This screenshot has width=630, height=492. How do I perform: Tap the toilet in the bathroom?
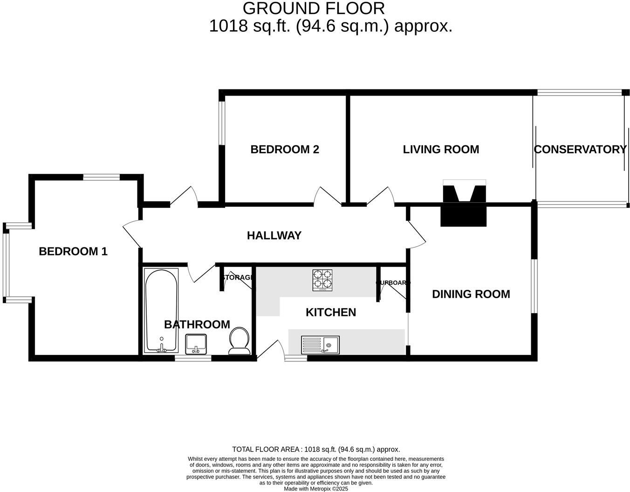coord(240,342)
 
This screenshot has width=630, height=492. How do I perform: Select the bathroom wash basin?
coord(197,344)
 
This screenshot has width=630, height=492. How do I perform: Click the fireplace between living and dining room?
coord(464,204)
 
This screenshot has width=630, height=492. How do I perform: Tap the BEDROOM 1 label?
coord(73,252)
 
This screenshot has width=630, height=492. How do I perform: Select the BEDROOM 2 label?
coord(285,150)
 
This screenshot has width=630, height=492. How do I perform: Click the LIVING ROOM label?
coord(441,150)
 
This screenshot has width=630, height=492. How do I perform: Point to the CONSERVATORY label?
coord(580,150)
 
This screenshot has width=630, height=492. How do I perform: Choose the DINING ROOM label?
coord(471,294)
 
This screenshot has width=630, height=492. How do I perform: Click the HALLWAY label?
coord(274,236)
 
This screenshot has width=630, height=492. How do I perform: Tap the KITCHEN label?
coord(331,312)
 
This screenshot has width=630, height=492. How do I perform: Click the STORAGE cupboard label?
coord(238,278)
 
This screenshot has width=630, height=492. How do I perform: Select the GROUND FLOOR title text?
coord(314,8)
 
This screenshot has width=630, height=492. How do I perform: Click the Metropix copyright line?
coord(316,489)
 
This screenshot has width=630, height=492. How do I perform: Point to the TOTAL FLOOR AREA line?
coord(316,450)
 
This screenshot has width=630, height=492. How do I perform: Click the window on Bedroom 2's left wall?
coord(222,122)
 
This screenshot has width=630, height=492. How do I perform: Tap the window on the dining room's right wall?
coord(534,286)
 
